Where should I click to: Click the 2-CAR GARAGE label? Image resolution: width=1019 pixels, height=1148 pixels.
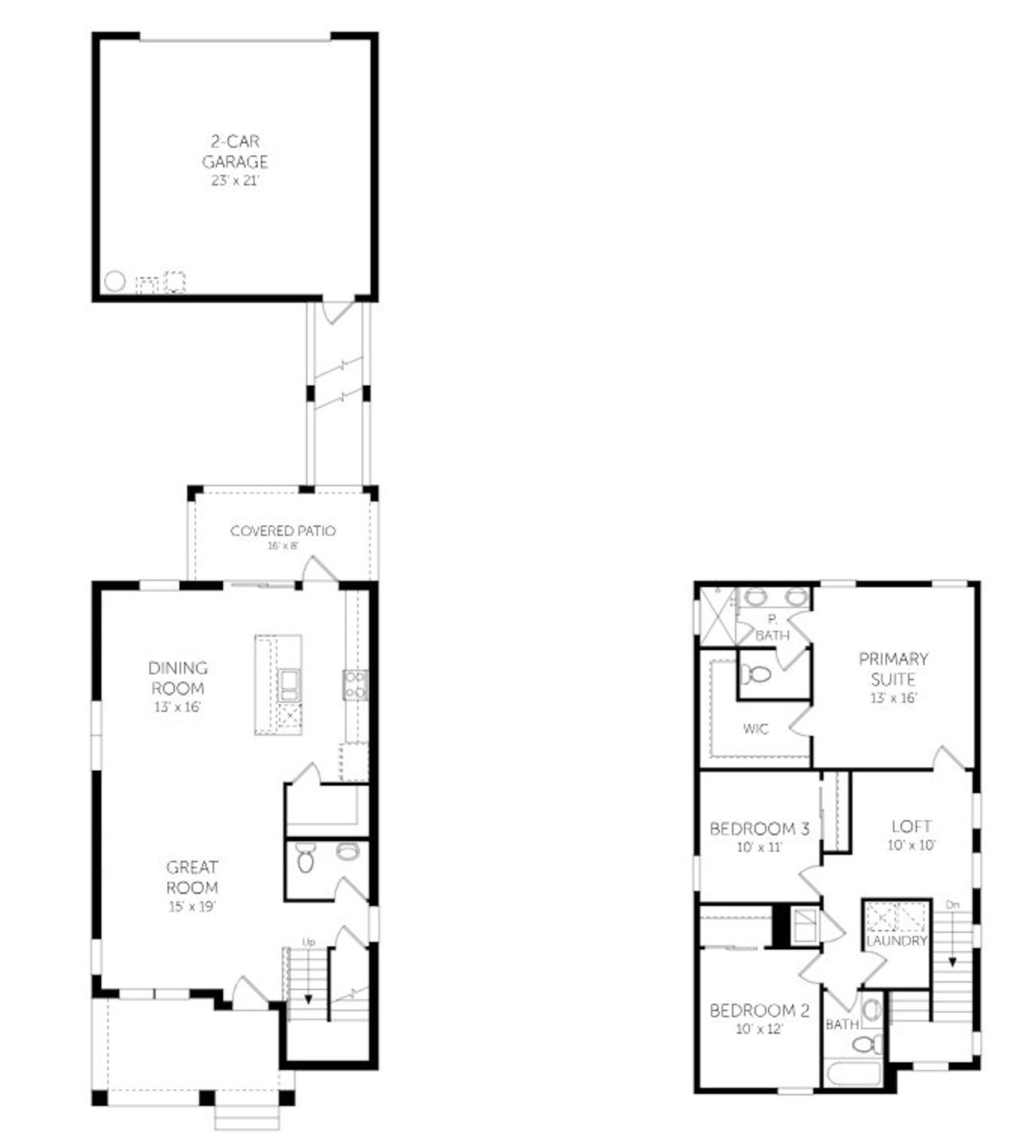(234, 151)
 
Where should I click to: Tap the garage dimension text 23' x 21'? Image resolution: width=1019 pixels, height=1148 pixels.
(234, 181)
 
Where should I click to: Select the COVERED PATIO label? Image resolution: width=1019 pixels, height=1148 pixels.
(283, 531)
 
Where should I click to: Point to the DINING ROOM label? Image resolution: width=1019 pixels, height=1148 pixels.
(178, 678)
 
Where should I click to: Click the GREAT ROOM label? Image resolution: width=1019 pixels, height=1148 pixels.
(192, 877)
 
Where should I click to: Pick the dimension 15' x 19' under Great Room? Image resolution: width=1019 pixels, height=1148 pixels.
(192, 906)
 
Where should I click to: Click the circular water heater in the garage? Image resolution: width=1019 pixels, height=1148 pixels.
(115, 281)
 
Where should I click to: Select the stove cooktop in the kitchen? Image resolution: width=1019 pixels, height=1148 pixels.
(355, 685)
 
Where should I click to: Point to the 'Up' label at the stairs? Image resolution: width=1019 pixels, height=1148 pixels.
(309, 942)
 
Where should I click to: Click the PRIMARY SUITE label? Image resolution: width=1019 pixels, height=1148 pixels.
(893, 669)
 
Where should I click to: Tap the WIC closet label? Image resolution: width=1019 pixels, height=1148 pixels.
(755, 728)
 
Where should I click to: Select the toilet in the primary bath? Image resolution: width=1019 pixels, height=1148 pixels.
(755, 675)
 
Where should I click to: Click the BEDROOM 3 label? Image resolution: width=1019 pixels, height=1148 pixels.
(759, 829)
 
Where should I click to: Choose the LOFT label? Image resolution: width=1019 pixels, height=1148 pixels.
(912, 826)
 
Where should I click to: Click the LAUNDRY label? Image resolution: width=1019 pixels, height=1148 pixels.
(897, 940)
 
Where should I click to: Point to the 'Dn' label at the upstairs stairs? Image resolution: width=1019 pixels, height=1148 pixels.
(952, 905)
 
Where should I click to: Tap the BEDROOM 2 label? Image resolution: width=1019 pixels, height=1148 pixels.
(759, 1010)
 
